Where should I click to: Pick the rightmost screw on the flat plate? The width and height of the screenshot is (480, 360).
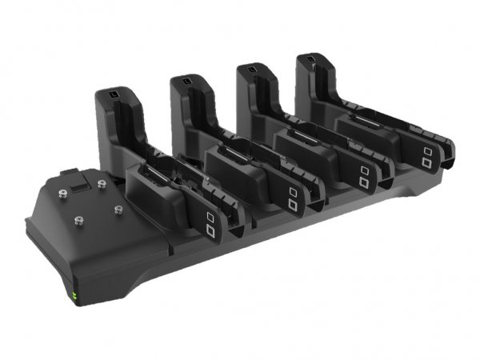[118, 210]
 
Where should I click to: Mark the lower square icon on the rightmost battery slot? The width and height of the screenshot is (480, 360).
[430, 164]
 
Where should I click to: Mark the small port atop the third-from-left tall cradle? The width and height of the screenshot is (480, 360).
[251, 71]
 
